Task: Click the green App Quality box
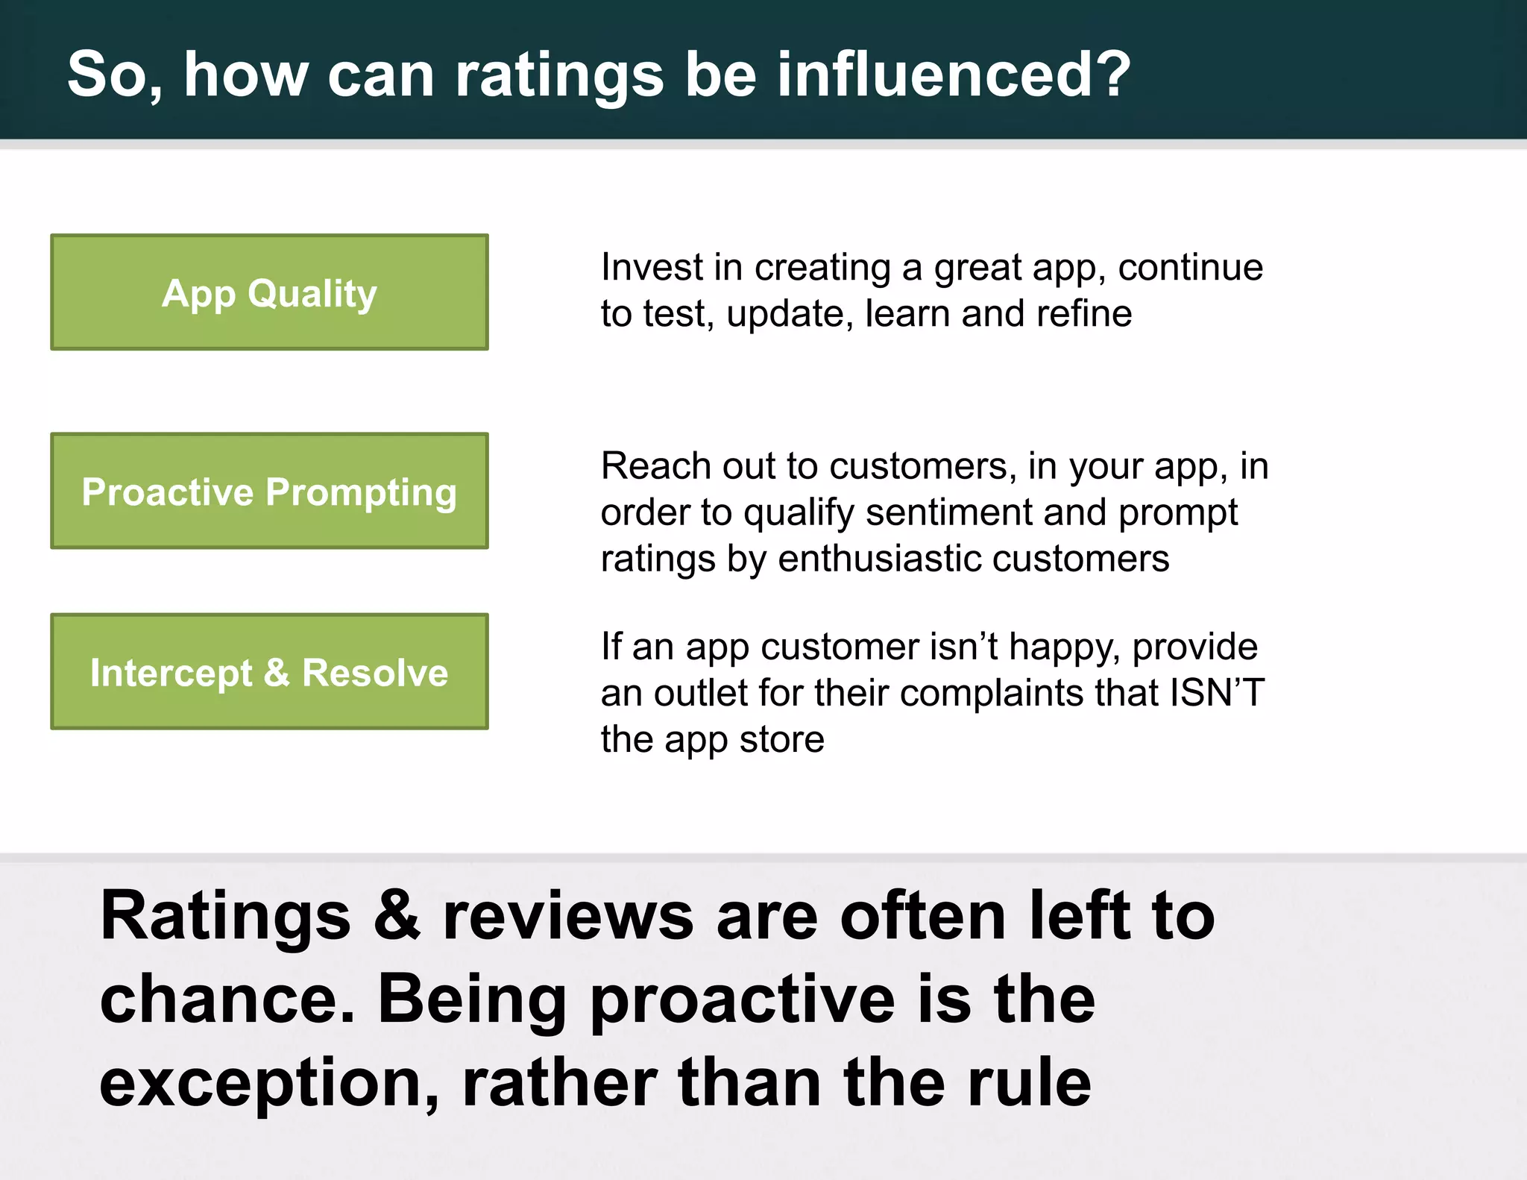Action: point(269,292)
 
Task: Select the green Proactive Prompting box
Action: point(269,492)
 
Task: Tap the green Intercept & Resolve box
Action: point(269,672)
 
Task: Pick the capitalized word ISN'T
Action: point(1217,692)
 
